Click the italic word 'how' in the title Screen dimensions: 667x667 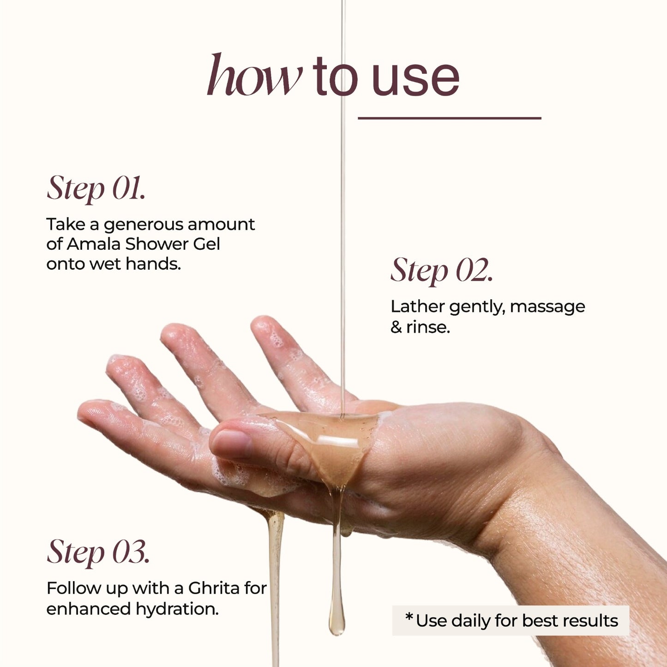pyautogui.click(x=254, y=74)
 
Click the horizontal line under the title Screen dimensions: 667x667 pyautogui.click(x=449, y=118)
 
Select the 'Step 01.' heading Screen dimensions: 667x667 pyautogui.click(x=96, y=189)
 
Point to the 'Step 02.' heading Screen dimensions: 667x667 pyautogui.click(x=442, y=270)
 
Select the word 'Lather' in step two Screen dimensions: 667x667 pyautogui.click(x=417, y=306)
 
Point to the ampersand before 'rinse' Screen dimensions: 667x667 pyautogui.click(x=396, y=327)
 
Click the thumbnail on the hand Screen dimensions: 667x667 pyautogui.click(x=232, y=444)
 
